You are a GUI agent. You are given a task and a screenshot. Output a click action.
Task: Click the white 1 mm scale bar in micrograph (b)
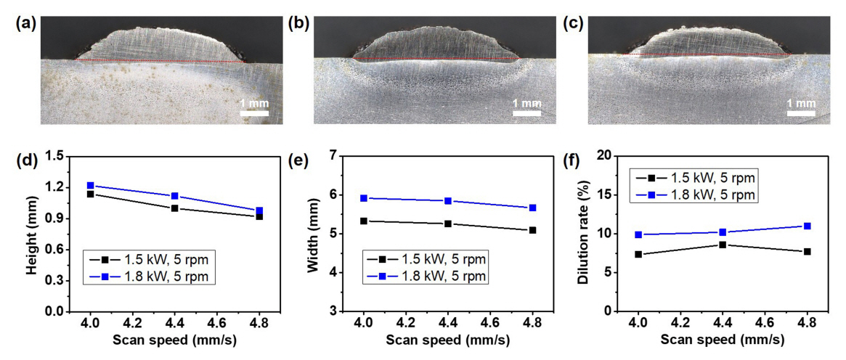[x=527, y=112]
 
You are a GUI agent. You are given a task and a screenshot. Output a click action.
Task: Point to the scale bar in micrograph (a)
[x=254, y=112]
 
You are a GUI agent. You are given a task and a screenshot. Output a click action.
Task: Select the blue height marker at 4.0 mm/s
[x=90, y=186]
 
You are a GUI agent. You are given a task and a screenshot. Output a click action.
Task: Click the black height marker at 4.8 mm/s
[x=259, y=216]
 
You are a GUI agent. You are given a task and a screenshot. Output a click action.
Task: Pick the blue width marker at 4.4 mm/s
[x=448, y=201]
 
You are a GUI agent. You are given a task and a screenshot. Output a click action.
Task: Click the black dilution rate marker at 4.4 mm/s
[x=722, y=245]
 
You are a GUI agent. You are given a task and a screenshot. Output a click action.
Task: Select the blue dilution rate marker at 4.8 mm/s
[x=807, y=226]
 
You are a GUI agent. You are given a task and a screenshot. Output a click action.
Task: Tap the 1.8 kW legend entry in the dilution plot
[x=697, y=195]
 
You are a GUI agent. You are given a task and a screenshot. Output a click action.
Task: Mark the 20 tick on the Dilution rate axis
[x=605, y=155]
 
